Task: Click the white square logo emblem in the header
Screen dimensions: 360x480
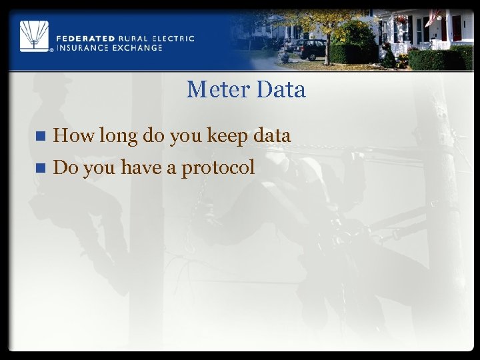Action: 34,35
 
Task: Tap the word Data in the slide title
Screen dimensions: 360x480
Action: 280,90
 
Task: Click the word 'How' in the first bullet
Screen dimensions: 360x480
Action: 73,136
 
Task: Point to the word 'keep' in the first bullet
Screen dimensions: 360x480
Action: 229,137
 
